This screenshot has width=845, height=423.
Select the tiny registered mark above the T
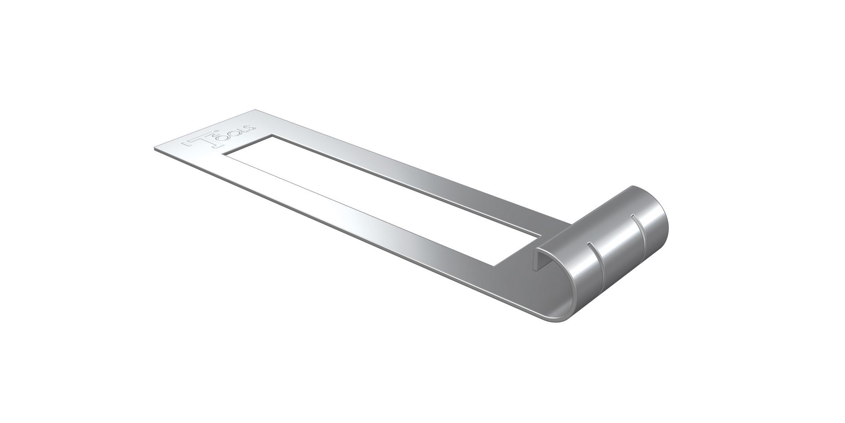tap(216, 131)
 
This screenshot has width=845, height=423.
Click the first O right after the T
tap(223, 138)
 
